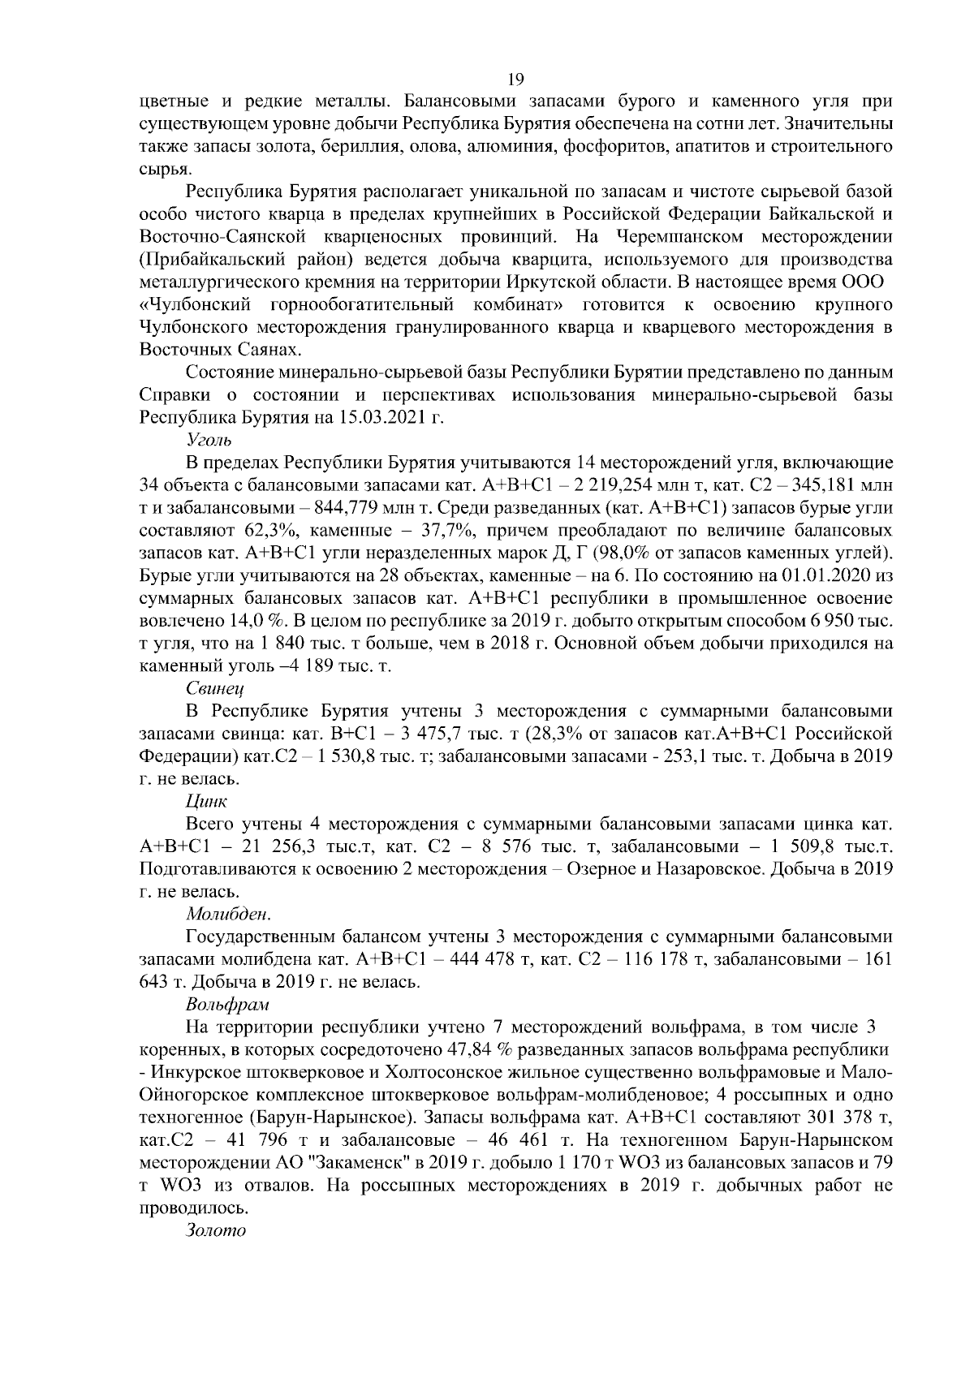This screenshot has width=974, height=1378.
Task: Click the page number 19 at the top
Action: point(515,79)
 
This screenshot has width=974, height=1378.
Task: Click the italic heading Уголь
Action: point(209,441)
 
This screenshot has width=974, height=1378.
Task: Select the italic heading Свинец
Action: point(215,688)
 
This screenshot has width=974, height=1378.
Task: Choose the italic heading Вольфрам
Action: point(226,1006)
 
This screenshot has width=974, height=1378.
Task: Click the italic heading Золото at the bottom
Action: point(215,1229)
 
